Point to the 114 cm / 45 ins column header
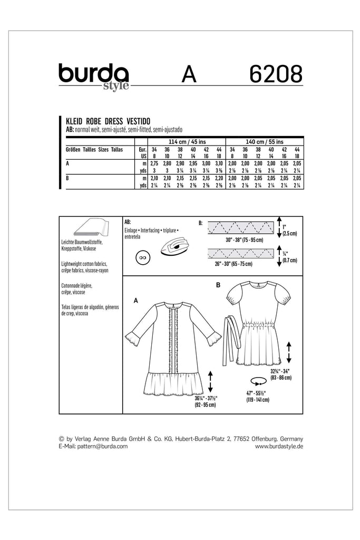point(180,141)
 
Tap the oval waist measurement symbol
point(258,381)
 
